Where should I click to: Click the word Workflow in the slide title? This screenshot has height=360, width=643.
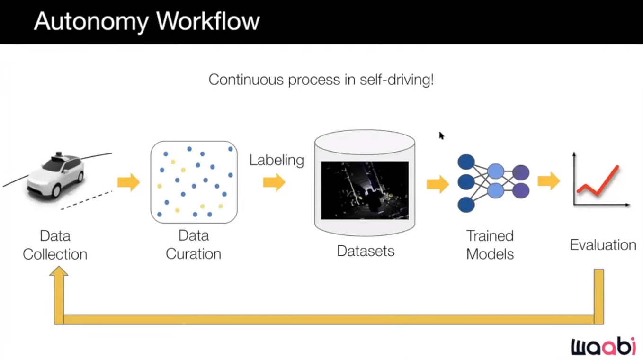click(208, 21)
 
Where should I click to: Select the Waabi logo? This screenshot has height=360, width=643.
click(603, 346)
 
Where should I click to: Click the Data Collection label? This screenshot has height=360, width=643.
click(55, 245)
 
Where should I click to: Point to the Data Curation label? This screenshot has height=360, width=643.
click(193, 244)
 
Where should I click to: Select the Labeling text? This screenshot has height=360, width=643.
click(277, 160)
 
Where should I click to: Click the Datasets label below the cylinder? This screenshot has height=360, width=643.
click(366, 251)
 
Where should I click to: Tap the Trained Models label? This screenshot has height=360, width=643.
click(490, 245)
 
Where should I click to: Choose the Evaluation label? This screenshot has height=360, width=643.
click(603, 245)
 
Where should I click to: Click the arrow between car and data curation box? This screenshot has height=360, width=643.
click(128, 182)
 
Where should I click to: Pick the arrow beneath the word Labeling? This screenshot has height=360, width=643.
click(274, 182)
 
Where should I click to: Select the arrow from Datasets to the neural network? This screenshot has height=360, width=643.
click(438, 184)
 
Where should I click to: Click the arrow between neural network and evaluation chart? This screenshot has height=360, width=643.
click(549, 180)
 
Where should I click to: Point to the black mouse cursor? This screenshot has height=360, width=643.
click(441, 135)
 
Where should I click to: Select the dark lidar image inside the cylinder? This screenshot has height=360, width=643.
click(365, 190)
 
